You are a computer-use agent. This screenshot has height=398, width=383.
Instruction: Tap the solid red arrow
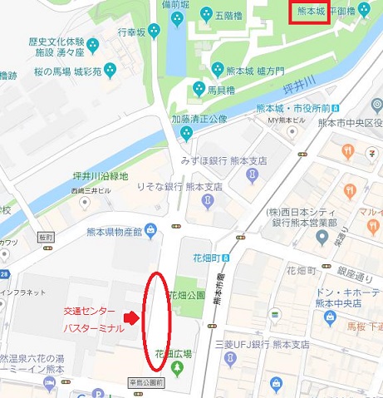coord(130,318)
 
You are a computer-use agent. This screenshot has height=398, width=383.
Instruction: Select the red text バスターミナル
coord(94,329)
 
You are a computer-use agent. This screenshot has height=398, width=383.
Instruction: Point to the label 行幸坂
coord(131,32)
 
